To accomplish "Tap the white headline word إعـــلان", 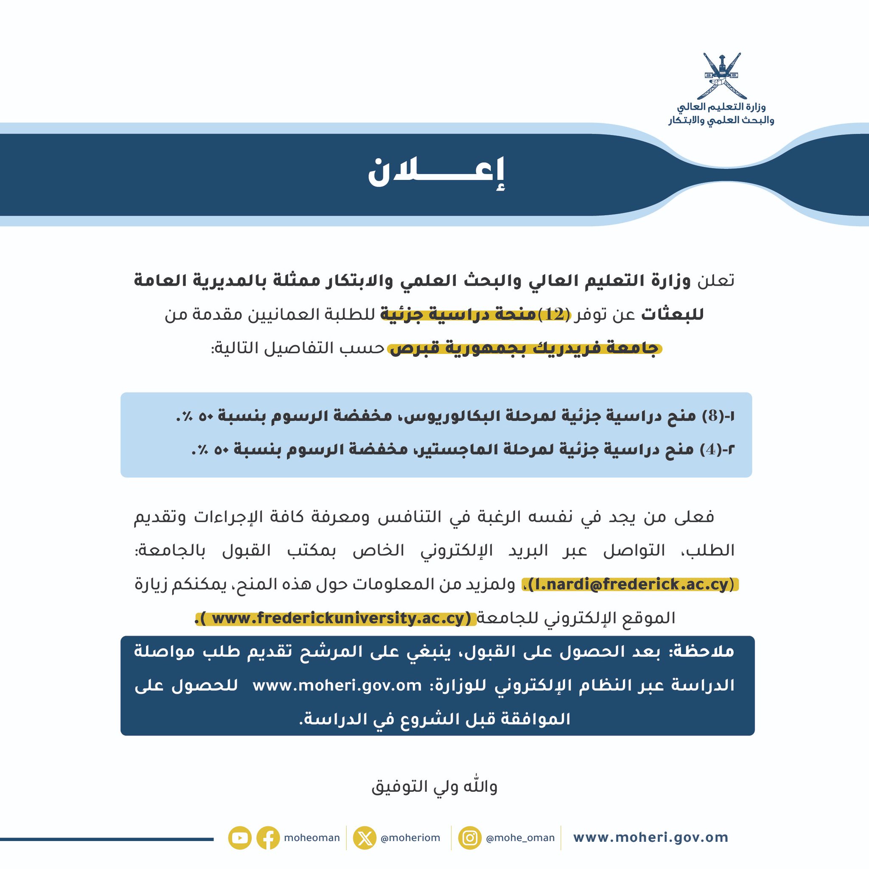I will (436, 174).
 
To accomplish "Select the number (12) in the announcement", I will (553, 314).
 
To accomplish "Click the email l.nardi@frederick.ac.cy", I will (630, 584).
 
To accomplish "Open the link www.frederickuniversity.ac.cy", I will (337, 619).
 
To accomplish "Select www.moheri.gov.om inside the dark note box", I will (337, 686).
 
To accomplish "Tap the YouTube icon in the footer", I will (240, 838).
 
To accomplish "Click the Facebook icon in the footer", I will (268, 838).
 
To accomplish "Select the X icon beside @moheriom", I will (364, 838).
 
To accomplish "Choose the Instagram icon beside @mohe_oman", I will (470, 838).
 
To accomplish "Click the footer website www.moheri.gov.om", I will (650, 838).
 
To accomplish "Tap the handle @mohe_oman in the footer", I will (520, 838).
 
